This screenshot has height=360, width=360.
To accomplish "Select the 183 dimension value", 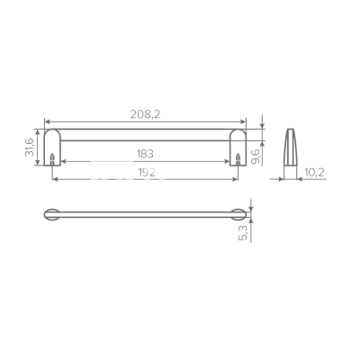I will coord(144,154).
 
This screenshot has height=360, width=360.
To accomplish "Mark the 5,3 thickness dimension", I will coord(244,235).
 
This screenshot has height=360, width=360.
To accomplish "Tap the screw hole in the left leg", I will coord(54,163).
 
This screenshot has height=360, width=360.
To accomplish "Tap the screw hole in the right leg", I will coord(237,163).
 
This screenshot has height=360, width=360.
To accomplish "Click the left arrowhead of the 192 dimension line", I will coord(56,179).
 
